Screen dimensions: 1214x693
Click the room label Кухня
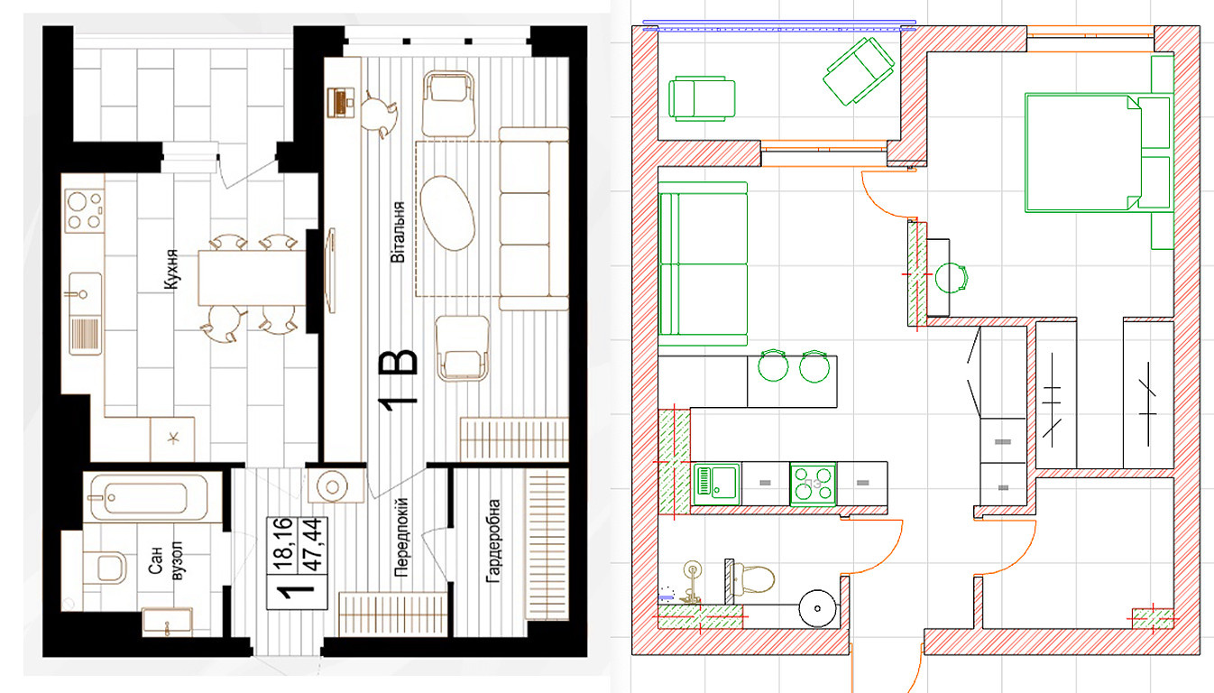point(171,270)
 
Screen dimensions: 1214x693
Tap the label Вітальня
point(398,232)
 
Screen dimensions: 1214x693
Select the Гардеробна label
point(493,541)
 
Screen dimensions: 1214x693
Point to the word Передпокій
point(401,537)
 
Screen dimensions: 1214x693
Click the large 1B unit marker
point(399,380)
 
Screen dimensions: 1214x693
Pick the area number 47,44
point(313,545)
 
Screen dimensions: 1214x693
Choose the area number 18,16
point(283,544)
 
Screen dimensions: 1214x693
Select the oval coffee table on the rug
point(447,213)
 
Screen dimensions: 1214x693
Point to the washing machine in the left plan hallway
point(332,486)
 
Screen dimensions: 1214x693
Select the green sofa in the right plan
point(703,263)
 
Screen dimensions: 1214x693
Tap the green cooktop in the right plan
point(813,484)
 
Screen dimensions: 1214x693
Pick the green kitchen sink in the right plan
point(716,484)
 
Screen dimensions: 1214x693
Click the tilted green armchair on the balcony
point(859,70)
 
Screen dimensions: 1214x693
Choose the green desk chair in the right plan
point(952,277)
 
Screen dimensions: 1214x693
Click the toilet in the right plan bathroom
point(751,579)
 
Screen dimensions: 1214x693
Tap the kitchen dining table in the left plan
point(252,277)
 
